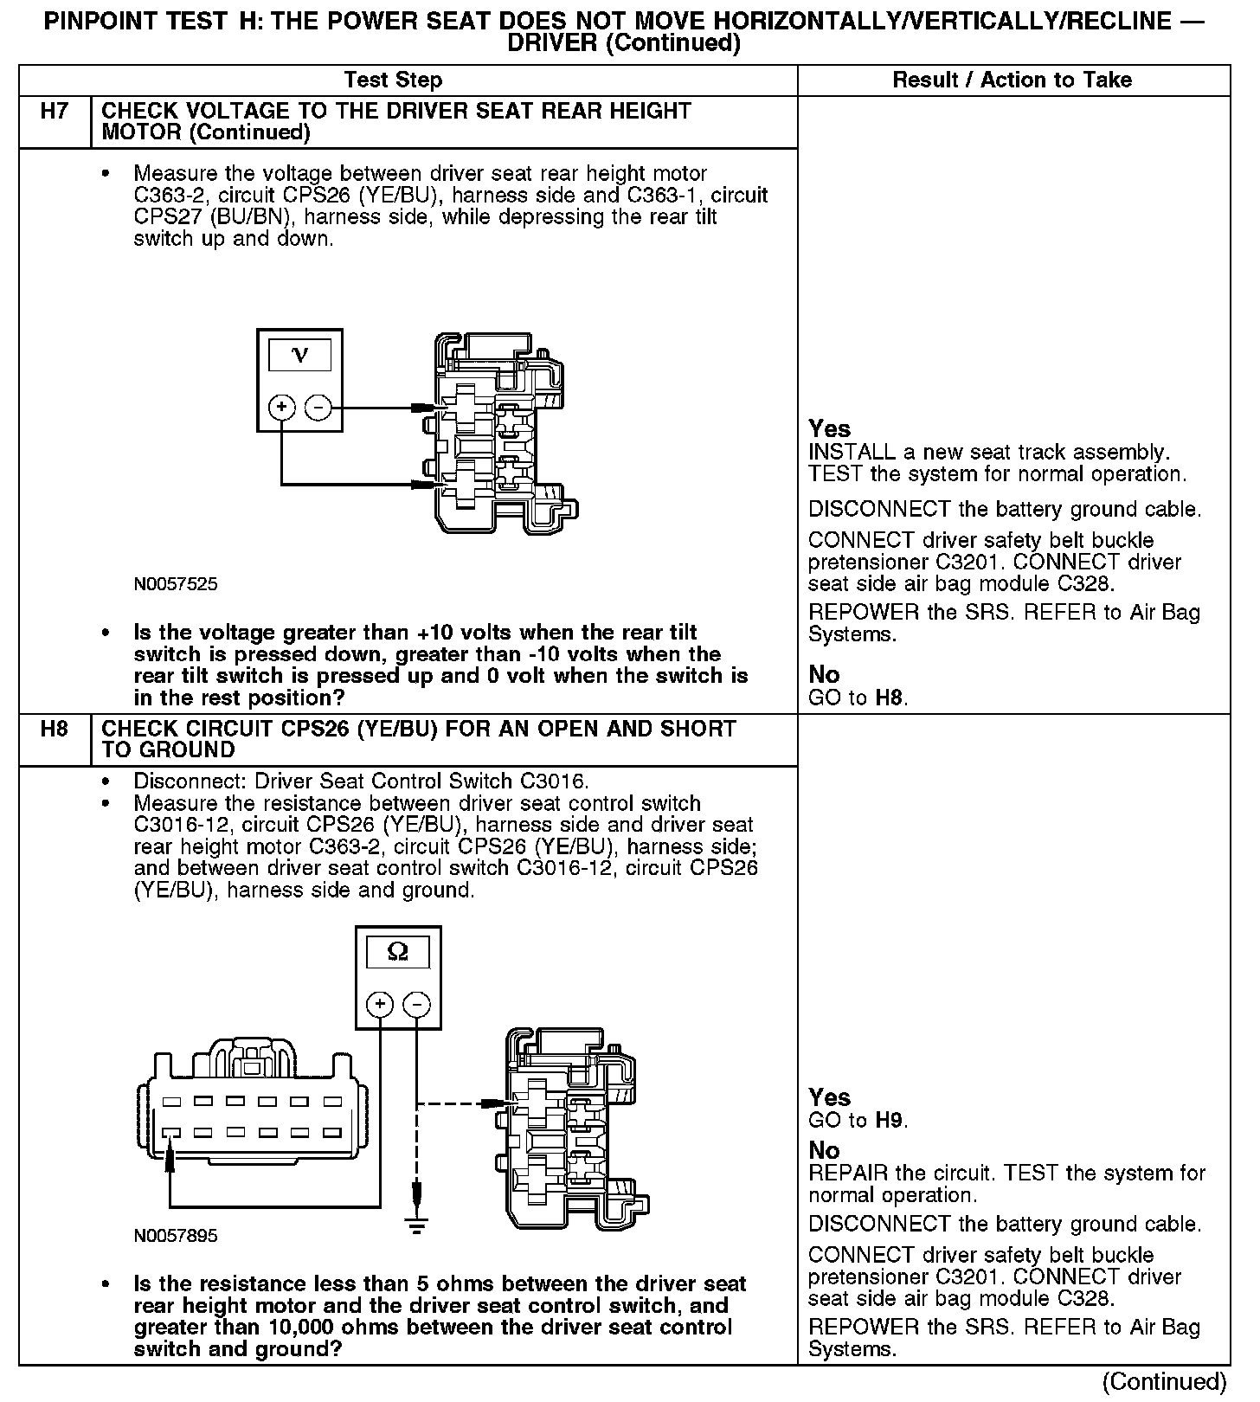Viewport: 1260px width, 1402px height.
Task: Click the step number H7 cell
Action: pos(55,112)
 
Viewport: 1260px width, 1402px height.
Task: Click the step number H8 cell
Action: pos(55,729)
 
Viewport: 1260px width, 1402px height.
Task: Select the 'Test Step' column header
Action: pos(393,80)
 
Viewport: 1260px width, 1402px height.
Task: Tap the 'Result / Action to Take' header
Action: pos(1012,80)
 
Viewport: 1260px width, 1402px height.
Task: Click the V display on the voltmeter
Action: pos(299,356)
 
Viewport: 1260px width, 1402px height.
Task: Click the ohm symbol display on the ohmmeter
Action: pos(398,952)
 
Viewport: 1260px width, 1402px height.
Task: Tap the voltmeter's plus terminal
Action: pos(282,407)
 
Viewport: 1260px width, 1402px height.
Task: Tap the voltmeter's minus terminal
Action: pos(318,407)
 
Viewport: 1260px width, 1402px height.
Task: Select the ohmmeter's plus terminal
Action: pos(380,1004)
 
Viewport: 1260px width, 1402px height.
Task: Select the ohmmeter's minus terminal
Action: pos(417,1004)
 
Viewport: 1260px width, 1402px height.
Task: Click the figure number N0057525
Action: pos(176,584)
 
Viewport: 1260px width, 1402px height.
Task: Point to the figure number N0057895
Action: pos(176,1236)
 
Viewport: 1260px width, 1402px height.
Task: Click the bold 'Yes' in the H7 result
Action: pos(829,428)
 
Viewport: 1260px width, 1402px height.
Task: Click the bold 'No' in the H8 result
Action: pos(824,1150)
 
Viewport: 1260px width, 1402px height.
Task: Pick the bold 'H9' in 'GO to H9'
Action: pos(890,1121)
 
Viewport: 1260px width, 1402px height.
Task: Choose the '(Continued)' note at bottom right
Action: pos(1165,1381)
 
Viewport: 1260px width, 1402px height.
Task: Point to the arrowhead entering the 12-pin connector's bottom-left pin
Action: pos(170,1149)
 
